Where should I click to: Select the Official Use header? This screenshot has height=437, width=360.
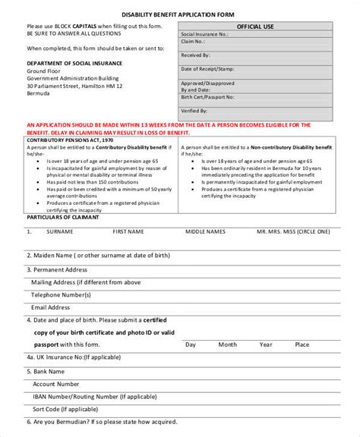coord(255,27)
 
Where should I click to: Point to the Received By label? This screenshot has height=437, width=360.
coord(197,55)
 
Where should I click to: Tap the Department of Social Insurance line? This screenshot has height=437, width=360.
coord(73,64)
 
